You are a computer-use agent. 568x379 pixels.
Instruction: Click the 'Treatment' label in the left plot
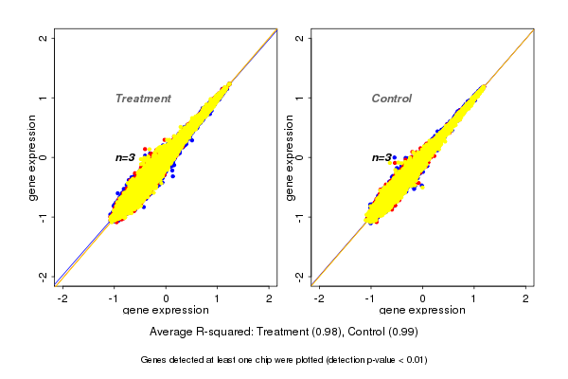[x=143, y=99]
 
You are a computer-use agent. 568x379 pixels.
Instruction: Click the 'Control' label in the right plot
[x=392, y=99]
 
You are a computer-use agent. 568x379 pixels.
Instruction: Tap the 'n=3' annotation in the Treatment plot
[x=126, y=158]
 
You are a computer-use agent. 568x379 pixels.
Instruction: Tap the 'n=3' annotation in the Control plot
[x=382, y=158]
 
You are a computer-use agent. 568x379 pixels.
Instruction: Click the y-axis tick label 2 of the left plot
[x=44, y=38]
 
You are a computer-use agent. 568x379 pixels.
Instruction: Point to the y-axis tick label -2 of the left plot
[x=44, y=276]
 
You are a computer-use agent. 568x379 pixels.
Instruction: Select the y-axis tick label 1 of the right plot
[x=300, y=98]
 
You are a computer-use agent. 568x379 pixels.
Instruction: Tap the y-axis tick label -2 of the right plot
[x=300, y=276]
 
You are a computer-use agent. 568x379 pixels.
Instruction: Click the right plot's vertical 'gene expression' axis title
[x=289, y=157]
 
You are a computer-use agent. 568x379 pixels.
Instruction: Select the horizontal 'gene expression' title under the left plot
[x=167, y=311]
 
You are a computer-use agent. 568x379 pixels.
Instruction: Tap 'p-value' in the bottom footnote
[x=376, y=360]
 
